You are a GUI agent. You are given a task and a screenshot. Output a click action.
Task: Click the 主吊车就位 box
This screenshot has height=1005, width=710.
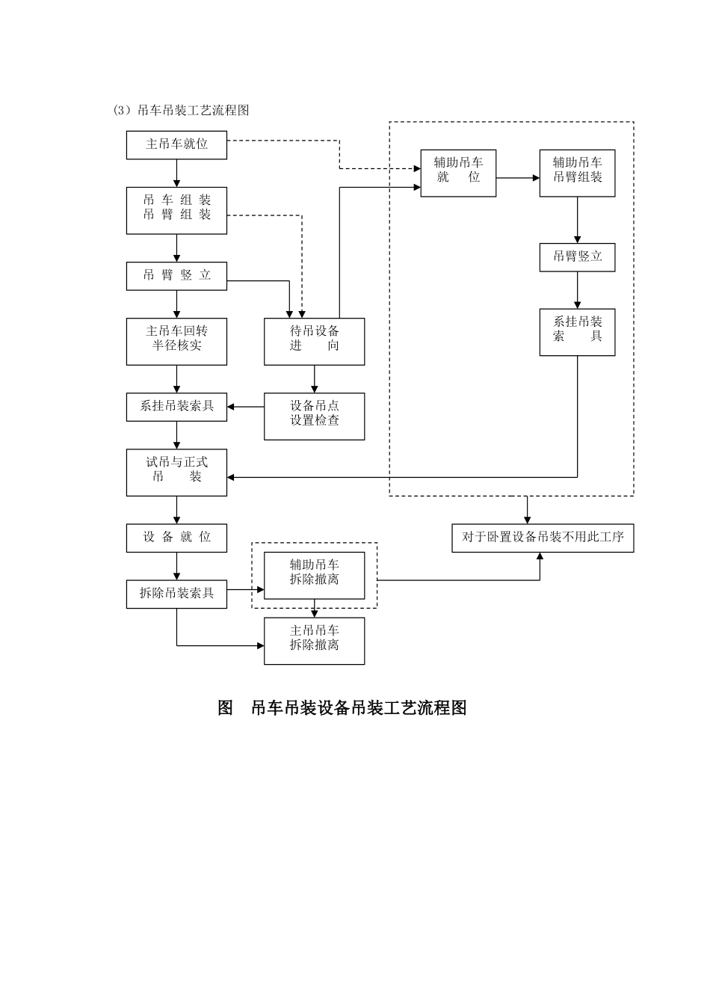pos(176,144)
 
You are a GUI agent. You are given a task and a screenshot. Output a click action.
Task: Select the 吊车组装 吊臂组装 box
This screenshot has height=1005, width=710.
pos(176,210)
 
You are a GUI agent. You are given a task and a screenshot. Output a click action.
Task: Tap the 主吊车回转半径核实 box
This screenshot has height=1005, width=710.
pos(176,341)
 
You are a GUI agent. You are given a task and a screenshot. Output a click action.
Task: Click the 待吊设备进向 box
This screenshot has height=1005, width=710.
pos(314,341)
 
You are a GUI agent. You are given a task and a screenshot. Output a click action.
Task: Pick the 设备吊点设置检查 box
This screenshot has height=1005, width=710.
pos(314,416)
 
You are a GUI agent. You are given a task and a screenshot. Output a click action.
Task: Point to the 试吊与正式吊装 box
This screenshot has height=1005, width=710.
pos(176,472)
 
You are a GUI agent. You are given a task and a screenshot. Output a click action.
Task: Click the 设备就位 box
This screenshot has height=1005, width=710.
pos(176,538)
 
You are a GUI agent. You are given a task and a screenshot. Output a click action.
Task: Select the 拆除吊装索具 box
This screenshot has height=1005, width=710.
pos(176,594)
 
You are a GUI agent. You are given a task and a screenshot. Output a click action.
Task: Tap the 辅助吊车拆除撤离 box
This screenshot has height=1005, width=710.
pos(314,575)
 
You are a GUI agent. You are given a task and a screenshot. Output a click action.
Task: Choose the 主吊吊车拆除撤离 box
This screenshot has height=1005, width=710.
pos(314,640)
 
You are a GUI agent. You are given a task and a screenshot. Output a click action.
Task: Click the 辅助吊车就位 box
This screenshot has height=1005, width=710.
pos(458,173)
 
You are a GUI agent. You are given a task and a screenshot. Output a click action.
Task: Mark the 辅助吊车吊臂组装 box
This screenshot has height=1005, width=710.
pos(577,173)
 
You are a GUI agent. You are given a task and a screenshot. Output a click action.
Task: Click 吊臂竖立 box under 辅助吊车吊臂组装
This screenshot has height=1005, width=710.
pos(577,256)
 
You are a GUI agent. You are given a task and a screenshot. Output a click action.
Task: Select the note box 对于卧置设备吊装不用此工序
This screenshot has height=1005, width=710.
pos(543,538)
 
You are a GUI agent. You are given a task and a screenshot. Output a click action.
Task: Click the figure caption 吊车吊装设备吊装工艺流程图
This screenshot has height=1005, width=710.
pos(342,707)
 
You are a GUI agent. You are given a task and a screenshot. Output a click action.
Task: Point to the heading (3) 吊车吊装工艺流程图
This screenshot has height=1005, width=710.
pos(181,111)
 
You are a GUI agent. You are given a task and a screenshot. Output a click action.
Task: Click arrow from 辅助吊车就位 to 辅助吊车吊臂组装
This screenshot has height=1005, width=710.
pos(517,178)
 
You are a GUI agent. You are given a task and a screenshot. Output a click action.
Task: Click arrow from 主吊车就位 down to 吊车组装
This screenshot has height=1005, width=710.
pos(176,173)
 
